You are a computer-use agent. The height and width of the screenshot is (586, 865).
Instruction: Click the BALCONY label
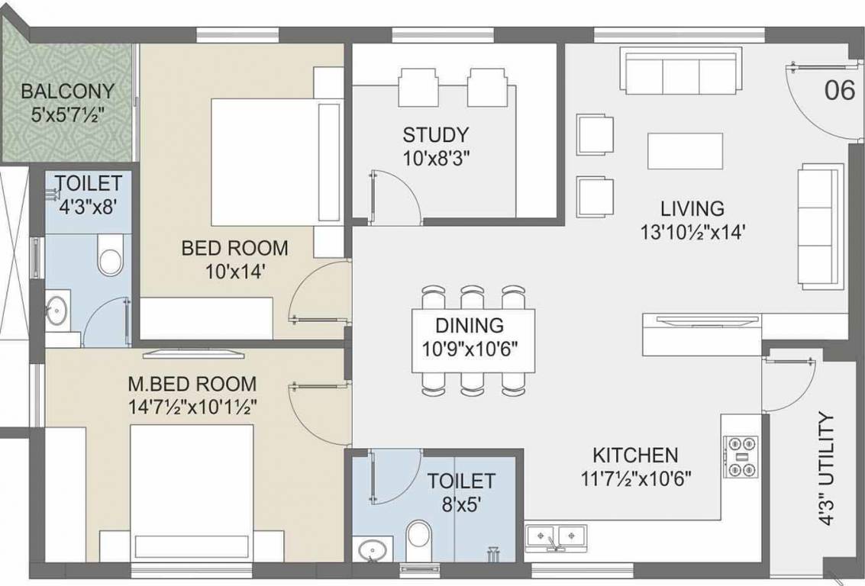click(x=67, y=92)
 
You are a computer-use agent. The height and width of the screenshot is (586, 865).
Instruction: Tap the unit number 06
click(x=839, y=90)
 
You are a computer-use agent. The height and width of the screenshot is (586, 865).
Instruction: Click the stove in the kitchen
click(x=740, y=456)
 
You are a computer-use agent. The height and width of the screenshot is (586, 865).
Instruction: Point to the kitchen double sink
click(x=555, y=536)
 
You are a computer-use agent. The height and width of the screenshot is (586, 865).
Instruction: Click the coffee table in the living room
click(x=685, y=150)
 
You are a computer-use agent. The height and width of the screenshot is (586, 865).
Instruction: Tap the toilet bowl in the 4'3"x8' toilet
click(x=110, y=257)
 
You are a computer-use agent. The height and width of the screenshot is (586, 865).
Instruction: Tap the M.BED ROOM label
click(x=192, y=384)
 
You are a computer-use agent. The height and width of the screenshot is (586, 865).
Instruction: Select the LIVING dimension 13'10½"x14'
click(x=692, y=231)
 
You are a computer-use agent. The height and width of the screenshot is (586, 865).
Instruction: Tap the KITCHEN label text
click(x=635, y=456)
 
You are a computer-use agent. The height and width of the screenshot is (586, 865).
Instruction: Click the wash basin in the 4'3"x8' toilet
click(x=56, y=311)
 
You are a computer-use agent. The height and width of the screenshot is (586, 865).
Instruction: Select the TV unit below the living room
click(x=702, y=333)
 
